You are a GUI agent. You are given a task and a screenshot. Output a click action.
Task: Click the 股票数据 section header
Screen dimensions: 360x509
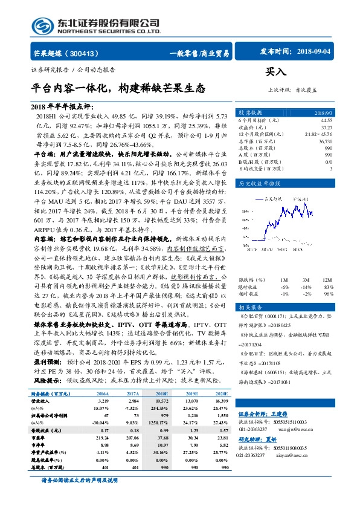(251, 113)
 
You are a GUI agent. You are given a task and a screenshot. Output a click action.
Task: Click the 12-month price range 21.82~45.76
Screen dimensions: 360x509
(319, 134)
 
